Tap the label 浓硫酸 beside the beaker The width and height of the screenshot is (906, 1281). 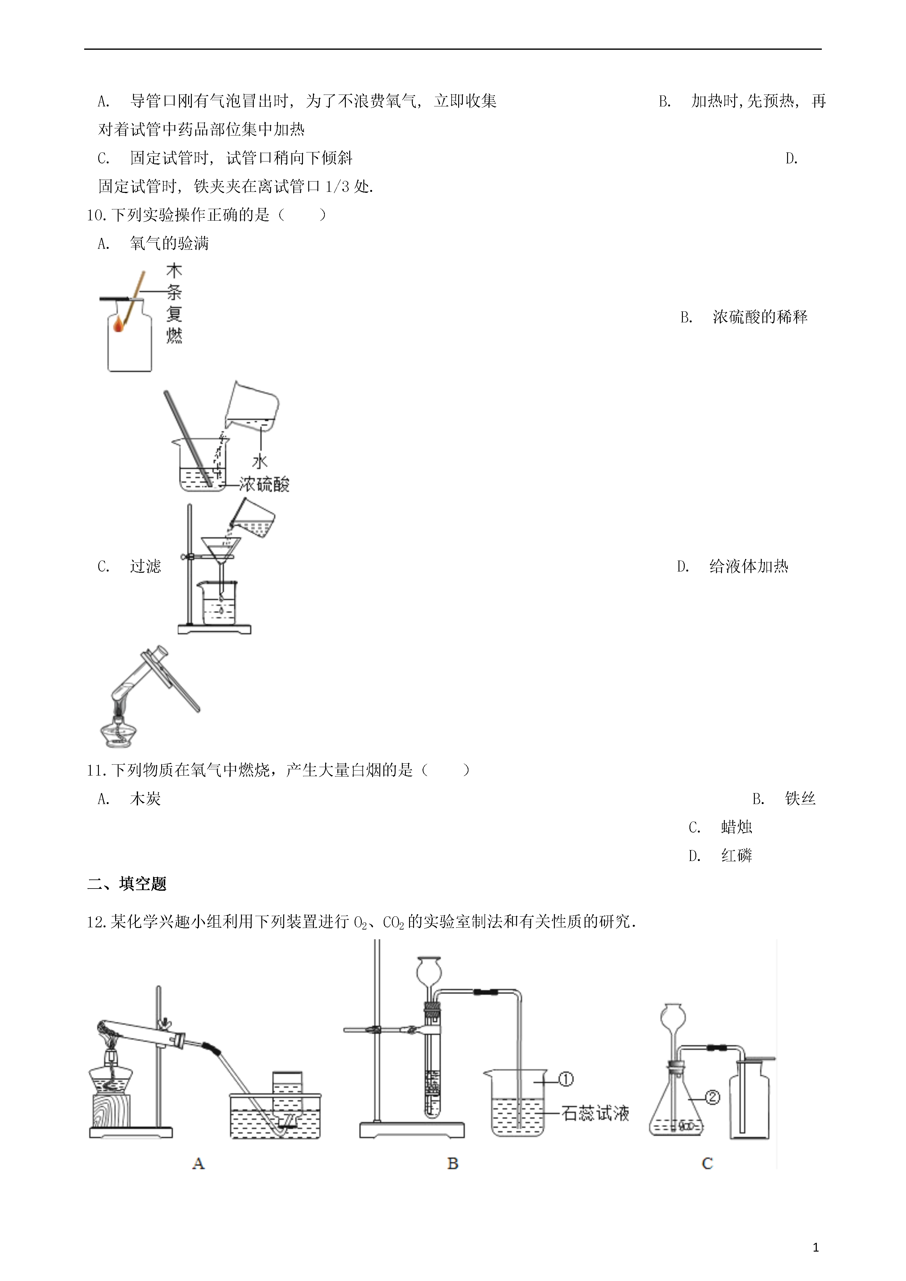point(264,484)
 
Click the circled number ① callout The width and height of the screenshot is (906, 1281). point(566,1079)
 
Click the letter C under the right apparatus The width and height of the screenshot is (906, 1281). point(707,1163)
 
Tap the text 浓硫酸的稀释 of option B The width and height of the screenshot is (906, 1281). point(760,317)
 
